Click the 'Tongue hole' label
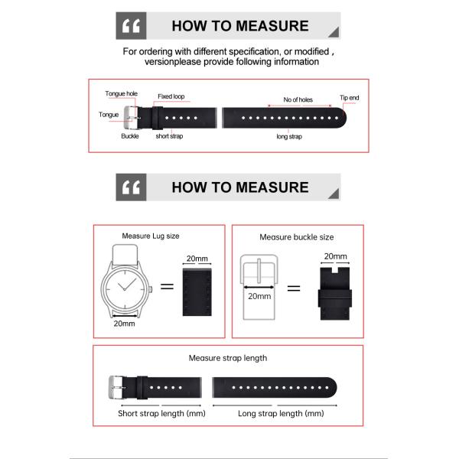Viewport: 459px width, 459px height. click(x=121, y=94)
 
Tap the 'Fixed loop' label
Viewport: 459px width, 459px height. click(x=171, y=97)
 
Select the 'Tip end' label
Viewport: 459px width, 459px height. click(x=349, y=98)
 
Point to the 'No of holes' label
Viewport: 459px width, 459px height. click(x=298, y=100)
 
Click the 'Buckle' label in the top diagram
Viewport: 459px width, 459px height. click(x=130, y=136)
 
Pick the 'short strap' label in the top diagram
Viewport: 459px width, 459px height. click(x=168, y=136)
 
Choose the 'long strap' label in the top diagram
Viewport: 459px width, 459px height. click(x=289, y=136)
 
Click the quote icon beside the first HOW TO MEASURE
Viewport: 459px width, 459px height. click(x=131, y=26)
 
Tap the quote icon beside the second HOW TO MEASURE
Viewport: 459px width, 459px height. click(x=131, y=187)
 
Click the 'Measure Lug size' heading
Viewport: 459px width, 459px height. click(x=151, y=236)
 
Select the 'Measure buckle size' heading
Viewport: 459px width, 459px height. click(x=296, y=237)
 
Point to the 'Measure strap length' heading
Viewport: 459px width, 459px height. click(x=228, y=357)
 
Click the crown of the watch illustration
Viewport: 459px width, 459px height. click(x=153, y=288)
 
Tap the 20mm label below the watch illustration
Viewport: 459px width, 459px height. click(x=124, y=324)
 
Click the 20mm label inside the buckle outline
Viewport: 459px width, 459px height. click(x=259, y=296)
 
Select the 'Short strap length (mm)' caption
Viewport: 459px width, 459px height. click(x=162, y=413)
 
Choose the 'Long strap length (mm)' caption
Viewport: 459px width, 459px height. click(x=282, y=413)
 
